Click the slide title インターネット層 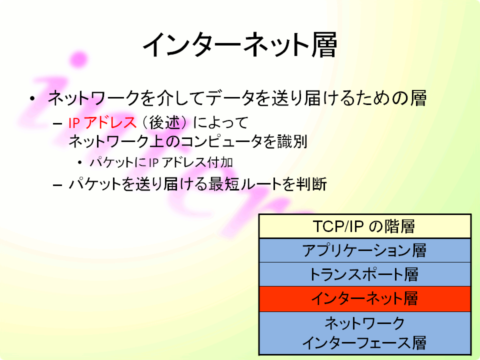(x=240, y=45)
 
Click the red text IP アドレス (x=102, y=123)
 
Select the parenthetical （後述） (x=164, y=123)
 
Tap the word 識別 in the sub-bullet (x=292, y=141)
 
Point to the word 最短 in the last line (x=224, y=184)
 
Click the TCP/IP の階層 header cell (x=364, y=226)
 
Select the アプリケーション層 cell (x=364, y=250)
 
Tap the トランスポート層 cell (x=364, y=274)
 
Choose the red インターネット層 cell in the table (x=364, y=299)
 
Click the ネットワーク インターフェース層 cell (x=364, y=333)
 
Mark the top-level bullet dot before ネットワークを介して (x=32, y=98)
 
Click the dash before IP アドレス (x=57, y=123)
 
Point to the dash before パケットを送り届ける (x=57, y=185)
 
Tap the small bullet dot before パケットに (x=80, y=162)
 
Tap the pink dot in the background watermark (x=78, y=59)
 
